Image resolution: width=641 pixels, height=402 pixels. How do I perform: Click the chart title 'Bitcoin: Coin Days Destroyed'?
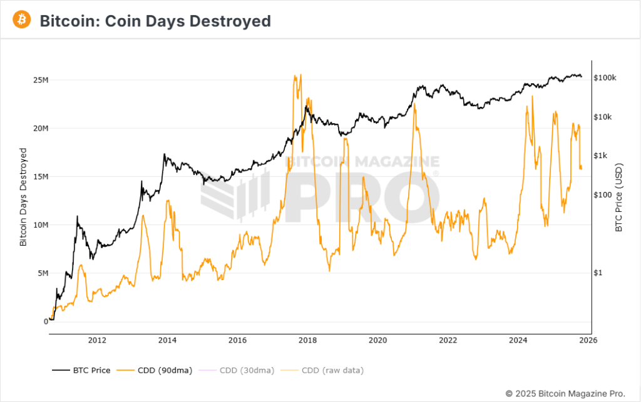[155, 21]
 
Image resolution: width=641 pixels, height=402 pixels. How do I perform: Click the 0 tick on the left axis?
[44, 321]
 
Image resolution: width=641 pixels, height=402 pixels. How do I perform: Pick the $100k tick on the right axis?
[605, 78]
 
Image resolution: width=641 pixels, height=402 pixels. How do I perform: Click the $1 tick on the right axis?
[598, 273]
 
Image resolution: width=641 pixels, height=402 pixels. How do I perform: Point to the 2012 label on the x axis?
[96, 340]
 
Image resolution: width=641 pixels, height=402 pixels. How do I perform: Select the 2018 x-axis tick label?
[307, 340]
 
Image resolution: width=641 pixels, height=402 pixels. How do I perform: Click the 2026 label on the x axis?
[588, 340]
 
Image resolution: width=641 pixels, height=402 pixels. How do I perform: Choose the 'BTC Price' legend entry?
[81, 370]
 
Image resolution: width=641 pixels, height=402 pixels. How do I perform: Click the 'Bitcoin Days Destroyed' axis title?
[23, 197]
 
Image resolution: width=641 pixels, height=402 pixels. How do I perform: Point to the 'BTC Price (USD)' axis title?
[618, 197]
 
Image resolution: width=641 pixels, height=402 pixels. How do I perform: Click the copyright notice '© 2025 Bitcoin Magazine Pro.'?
[565, 393]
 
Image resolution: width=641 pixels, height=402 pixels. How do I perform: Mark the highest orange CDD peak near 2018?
[301, 75]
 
